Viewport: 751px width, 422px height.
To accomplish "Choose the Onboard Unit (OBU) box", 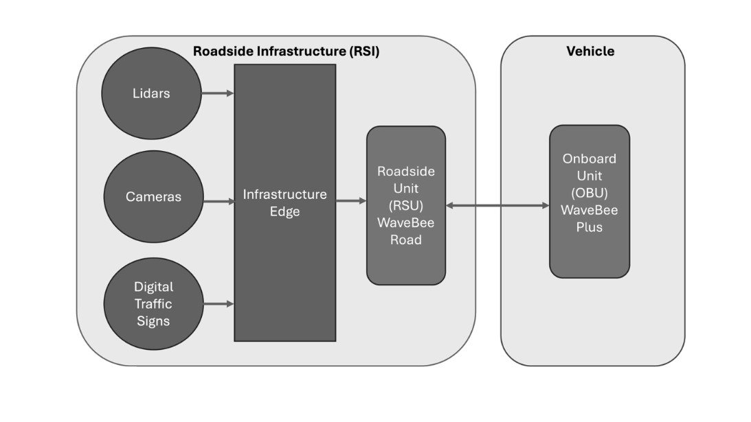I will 589,254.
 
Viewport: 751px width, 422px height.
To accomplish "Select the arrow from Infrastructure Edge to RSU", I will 351,201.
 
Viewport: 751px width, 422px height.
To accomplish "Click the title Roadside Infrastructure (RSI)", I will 286,51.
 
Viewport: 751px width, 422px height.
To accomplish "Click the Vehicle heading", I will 590,51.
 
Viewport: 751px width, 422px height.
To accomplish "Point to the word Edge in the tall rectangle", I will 284,212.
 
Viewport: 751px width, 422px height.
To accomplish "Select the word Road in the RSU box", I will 405,239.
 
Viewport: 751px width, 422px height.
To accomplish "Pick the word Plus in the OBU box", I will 589,227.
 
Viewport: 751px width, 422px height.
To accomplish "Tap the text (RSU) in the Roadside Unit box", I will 405,205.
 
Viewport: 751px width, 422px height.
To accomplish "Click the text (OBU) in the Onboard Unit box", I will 589,193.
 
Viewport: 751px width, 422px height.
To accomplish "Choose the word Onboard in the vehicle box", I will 589,159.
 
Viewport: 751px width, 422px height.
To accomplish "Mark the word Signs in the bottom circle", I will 153,320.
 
